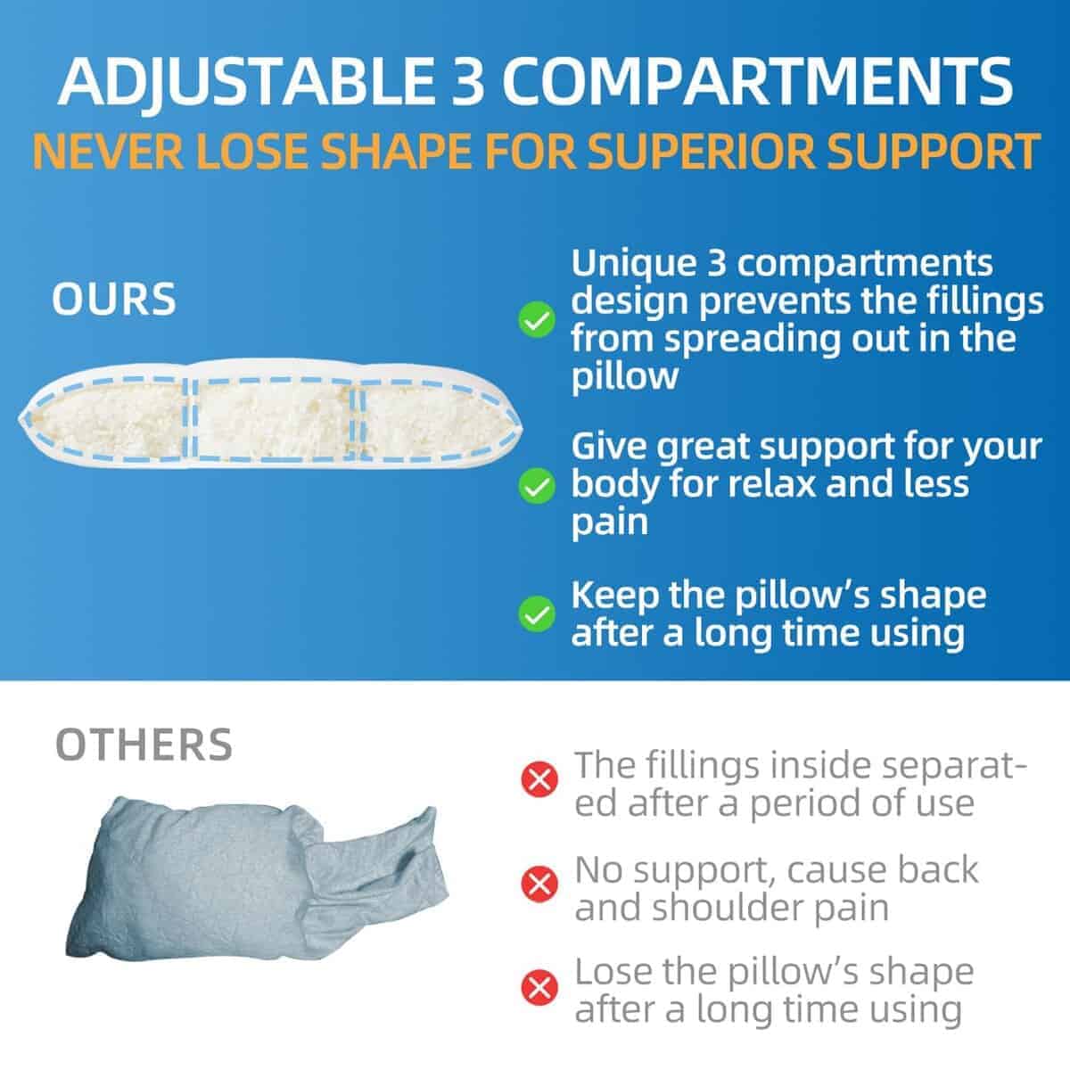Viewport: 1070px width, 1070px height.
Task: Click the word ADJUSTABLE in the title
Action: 246,82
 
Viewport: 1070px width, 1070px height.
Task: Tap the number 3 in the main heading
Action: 467,82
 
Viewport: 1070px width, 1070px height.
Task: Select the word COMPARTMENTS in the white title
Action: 757,82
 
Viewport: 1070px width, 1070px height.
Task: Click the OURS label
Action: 114,299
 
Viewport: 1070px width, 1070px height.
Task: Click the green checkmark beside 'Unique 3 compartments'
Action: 537,320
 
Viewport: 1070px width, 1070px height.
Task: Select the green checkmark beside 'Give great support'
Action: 537,485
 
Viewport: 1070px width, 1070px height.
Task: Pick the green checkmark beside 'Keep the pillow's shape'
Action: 537,614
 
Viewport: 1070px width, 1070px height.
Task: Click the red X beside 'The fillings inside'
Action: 539,779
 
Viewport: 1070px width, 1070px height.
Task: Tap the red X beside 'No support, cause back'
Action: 539,883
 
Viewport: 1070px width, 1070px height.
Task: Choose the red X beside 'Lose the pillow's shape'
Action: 539,987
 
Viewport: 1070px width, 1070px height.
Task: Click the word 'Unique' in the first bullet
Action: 634,263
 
